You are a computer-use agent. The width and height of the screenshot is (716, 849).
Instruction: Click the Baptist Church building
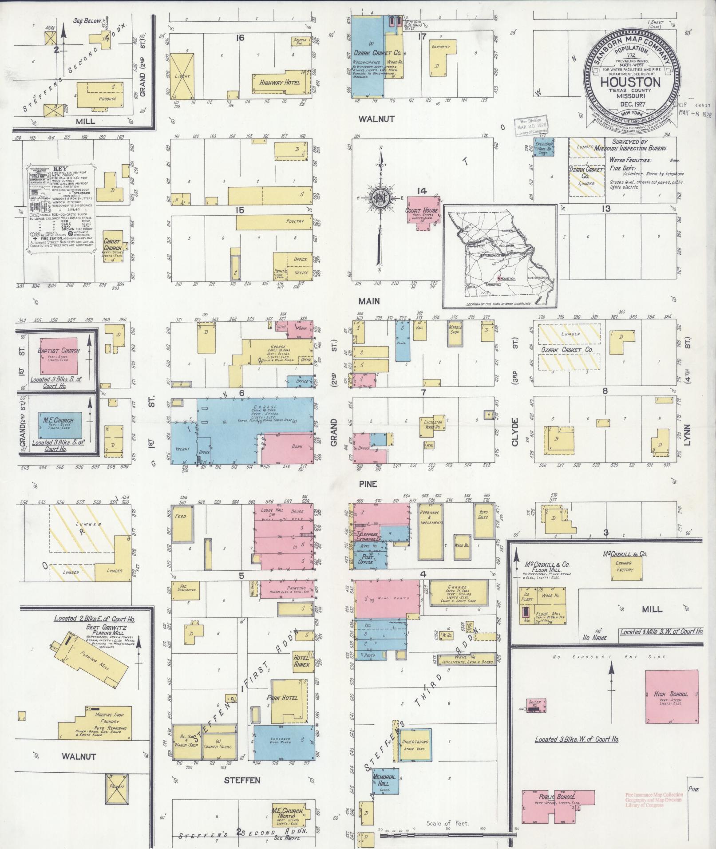click(59, 355)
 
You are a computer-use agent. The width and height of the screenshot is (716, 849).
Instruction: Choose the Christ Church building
click(112, 246)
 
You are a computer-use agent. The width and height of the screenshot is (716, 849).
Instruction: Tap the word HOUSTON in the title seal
click(629, 82)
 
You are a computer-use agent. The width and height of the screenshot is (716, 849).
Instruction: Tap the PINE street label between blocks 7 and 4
click(368, 483)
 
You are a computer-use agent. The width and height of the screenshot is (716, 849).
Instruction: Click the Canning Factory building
click(624, 568)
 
